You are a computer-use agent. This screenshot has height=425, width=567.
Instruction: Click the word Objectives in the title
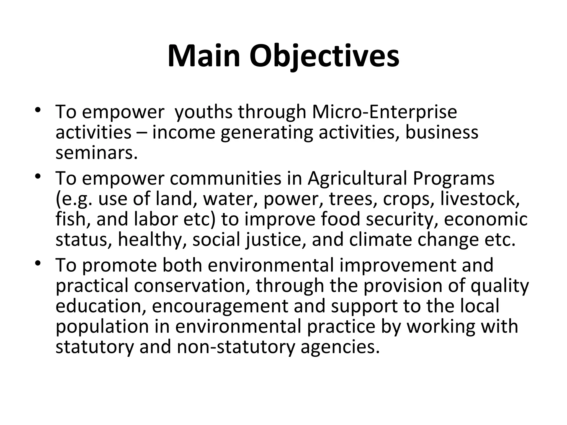(324, 57)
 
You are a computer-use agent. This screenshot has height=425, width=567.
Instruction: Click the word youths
(204, 112)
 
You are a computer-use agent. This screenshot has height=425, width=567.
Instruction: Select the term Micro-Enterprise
(384, 112)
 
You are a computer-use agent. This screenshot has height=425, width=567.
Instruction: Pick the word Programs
(453, 178)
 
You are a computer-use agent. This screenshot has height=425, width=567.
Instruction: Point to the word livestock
(480, 199)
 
